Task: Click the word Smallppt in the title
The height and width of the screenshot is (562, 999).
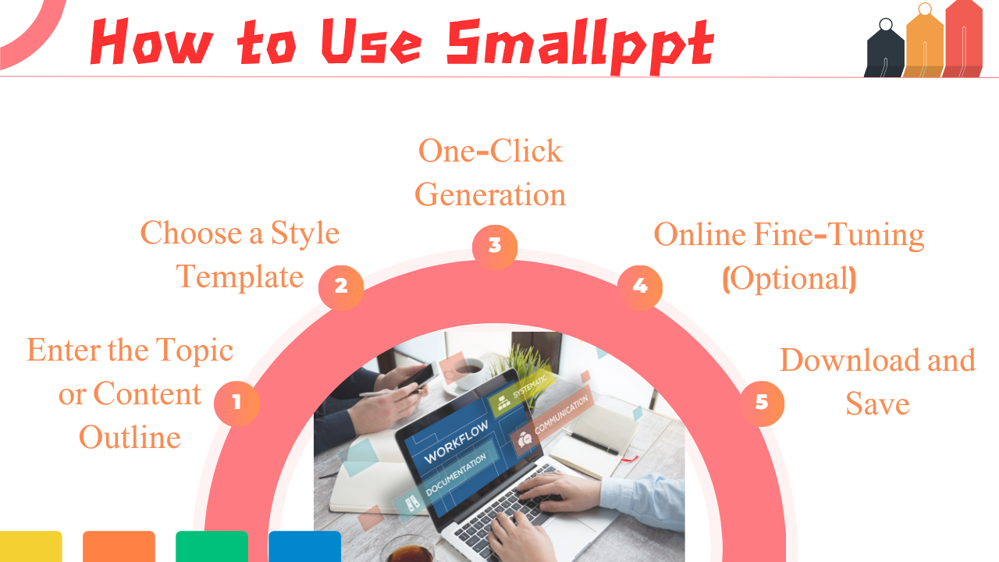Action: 580,42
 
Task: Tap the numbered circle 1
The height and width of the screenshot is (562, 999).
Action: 236,403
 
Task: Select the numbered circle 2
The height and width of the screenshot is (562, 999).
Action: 341,286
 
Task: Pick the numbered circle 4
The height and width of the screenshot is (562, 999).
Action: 640,286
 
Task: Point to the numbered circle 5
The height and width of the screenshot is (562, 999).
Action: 762,403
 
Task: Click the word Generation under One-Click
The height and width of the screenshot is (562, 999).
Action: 490,194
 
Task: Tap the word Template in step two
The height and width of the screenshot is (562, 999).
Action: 240,277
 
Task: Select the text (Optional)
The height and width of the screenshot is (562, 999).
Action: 789,279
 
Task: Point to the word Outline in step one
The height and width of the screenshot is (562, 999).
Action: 130,437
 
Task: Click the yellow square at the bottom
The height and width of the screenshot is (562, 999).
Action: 30,546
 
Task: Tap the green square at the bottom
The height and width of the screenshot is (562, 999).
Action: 212,546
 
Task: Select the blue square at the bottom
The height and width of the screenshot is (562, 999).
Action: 304,546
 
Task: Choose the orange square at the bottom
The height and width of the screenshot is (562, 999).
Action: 119,546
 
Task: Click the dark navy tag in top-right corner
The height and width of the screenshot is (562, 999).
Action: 884,51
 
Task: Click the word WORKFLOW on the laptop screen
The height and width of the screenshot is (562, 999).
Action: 456,442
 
